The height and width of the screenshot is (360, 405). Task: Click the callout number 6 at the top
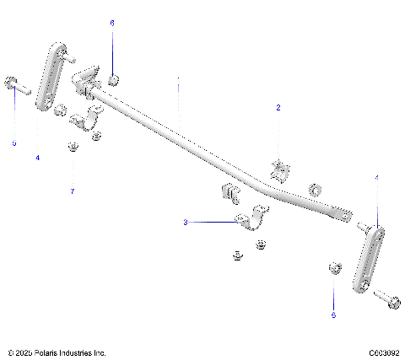112,24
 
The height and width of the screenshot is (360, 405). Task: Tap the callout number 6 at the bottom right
332,314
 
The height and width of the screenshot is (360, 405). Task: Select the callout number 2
278,108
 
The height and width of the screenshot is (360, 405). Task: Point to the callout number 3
186,223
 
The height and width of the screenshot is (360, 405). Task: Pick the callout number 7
73,191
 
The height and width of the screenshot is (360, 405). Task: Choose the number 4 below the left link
37,157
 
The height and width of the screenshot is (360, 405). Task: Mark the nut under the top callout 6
115,81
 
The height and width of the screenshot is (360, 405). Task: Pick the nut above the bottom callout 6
332,268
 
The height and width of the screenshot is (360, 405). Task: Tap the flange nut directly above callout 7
73,149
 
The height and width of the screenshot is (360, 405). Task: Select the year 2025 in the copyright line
23,352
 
